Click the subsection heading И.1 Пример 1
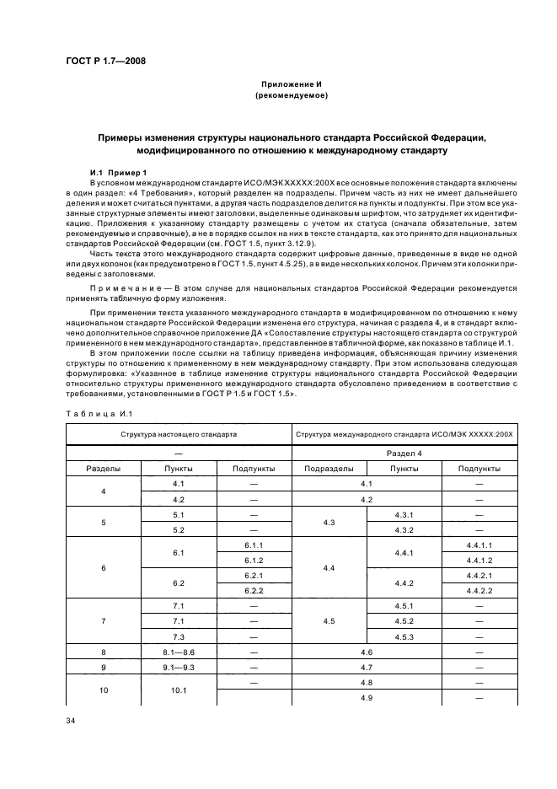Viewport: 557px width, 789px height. click(118, 171)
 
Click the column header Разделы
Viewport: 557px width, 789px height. click(103, 468)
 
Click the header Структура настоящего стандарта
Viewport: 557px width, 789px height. click(179, 433)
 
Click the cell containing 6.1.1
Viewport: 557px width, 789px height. click(254, 545)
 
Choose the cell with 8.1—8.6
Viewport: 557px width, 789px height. click(179, 652)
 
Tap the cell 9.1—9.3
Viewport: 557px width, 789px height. click(179, 668)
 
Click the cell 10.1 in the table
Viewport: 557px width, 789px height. click(179, 690)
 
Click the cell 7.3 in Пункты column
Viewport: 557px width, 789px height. click(179, 636)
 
